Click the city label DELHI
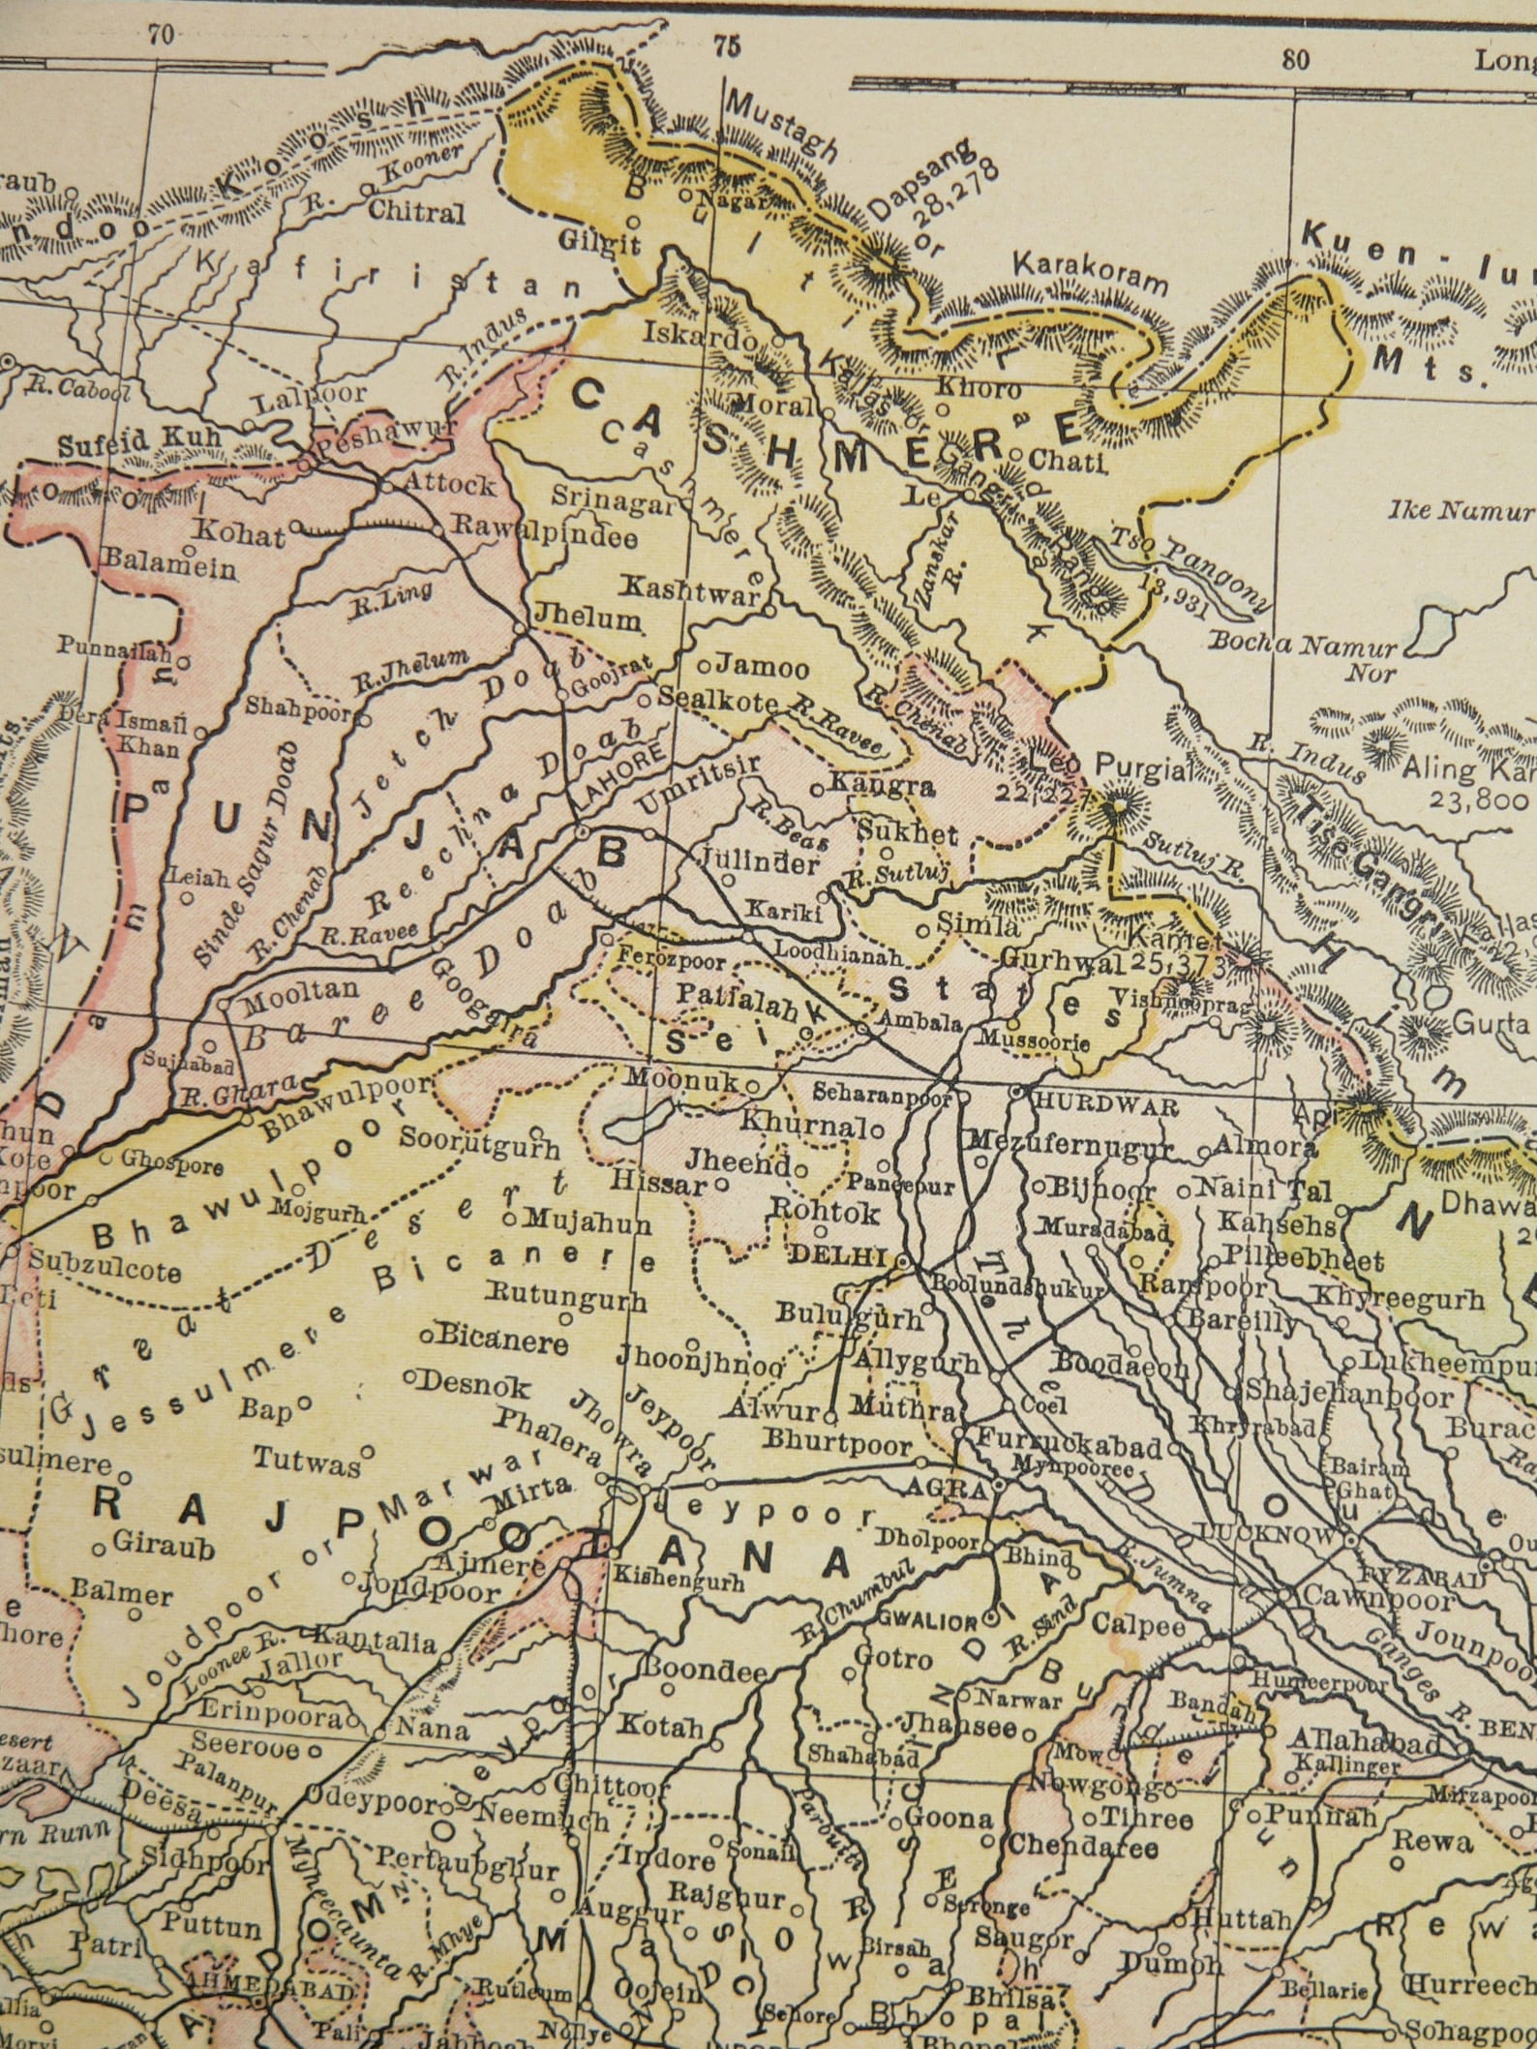click(838, 1256)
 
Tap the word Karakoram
click(1091, 275)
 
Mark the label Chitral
click(423, 213)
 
